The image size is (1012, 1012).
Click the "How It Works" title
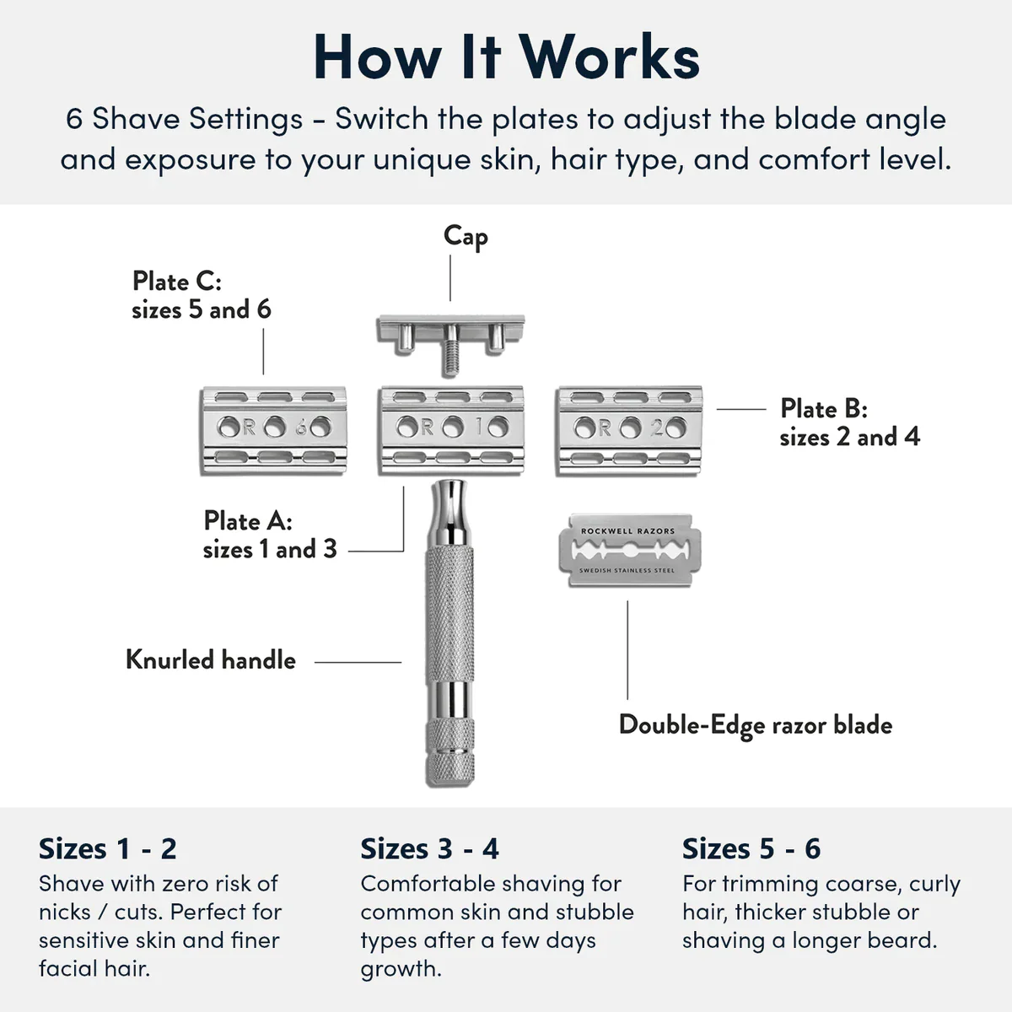[506, 57]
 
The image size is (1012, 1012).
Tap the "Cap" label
[466, 237]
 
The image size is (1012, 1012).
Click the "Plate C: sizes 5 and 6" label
[202, 295]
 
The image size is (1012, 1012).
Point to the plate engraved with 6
[274, 429]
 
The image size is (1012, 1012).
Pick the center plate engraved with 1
[452, 429]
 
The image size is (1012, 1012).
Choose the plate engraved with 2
[629, 429]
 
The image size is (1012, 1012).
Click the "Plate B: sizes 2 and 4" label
[849, 423]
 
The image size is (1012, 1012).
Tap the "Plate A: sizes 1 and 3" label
[270, 535]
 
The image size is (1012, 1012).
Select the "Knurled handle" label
[211, 659]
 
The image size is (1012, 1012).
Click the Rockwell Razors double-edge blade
[629, 551]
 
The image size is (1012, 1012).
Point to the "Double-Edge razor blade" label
[756, 725]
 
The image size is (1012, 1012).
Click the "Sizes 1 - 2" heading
[108, 848]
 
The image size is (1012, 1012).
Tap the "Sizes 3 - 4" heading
[429, 848]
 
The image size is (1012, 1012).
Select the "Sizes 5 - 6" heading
[751, 848]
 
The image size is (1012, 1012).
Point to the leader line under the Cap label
[450, 278]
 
